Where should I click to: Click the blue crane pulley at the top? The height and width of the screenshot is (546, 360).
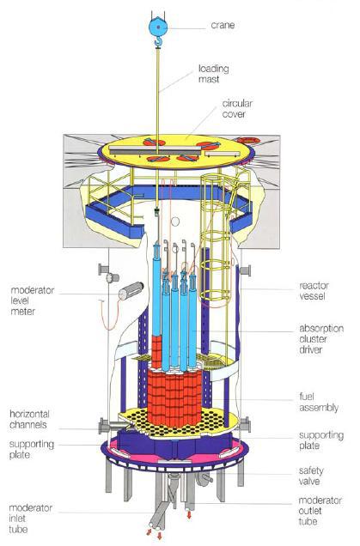(x=158, y=27)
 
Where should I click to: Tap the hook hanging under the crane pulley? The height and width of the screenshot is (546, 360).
(x=159, y=42)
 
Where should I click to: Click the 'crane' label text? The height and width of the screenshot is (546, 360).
(x=223, y=25)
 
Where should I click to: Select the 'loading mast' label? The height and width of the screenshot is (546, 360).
(x=214, y=74)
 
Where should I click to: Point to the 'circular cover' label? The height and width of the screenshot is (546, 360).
(x=237, y=109)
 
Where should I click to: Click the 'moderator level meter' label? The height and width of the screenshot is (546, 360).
(x=33, y=300)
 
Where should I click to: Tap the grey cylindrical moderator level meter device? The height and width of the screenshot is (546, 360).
(x=131, y=291)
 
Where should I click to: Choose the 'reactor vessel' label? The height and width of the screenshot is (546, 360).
(x=314, y=291)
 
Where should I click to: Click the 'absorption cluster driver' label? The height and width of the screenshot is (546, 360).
(x=321, y=339)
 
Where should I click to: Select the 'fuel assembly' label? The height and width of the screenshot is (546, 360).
(x=319, y=402)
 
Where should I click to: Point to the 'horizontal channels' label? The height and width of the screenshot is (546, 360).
(x=29, y=419)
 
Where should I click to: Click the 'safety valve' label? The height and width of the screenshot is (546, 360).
(x=311, y=476)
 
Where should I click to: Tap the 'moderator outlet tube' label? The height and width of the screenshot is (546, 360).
(x=320, y=511)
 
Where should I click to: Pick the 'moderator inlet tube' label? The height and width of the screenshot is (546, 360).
(x=30, y=519)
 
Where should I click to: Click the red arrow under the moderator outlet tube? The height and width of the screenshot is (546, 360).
(x=189, y=514)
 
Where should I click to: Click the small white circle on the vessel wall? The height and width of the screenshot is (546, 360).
(x=175, y=221)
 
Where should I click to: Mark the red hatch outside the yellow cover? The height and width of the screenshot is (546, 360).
(x=248, y=140)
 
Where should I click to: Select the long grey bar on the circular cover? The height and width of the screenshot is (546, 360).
(x=156, y=150)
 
